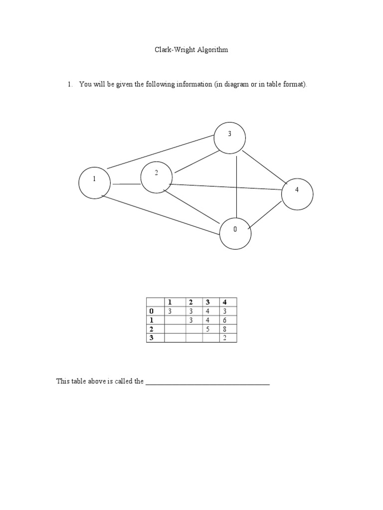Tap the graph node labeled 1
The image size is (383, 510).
coord(94,183)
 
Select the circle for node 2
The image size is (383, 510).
coord(157,176)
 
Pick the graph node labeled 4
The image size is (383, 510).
coord(297,193)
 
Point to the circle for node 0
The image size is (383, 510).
coord(235,233)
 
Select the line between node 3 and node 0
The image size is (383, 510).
coord(237,184)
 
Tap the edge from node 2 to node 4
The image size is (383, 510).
coord(227,187)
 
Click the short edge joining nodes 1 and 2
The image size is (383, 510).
coord(126,184)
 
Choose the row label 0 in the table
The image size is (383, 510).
coord(152,311)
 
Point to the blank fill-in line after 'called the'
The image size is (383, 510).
coord(207,383)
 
